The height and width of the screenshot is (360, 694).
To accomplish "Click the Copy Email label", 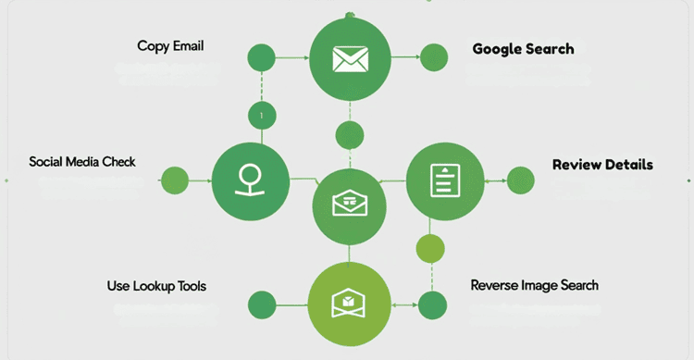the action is (170, 45).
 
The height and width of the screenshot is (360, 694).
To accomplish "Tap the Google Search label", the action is (523, 49).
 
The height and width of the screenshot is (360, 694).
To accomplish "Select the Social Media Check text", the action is (82, 162).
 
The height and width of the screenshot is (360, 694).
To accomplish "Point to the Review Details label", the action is (602, 165).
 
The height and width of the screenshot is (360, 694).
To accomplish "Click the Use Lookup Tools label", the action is (156, 286).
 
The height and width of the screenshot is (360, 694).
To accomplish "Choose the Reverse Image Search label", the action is (534, 285).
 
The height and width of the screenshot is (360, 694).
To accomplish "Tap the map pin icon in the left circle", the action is (248, 179).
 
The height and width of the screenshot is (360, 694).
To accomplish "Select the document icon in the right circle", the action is (445, 180).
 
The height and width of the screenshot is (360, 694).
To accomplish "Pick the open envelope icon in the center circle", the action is (349, 203).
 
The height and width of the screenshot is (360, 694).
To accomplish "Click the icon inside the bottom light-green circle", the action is (349, 303).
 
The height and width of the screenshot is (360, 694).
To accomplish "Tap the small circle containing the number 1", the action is (262, 116).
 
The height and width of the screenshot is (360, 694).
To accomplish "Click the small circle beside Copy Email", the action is (262, 57).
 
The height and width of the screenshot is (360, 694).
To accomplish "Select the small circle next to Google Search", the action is (434, 56).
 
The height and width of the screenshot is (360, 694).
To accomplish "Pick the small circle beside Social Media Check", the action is (175, 180).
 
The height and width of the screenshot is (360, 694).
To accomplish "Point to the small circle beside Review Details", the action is (521, 180).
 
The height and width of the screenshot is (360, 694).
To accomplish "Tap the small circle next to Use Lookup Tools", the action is (262, 304).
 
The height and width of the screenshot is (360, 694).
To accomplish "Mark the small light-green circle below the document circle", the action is (430, 248).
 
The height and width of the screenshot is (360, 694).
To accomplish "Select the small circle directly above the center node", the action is (350, 134).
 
